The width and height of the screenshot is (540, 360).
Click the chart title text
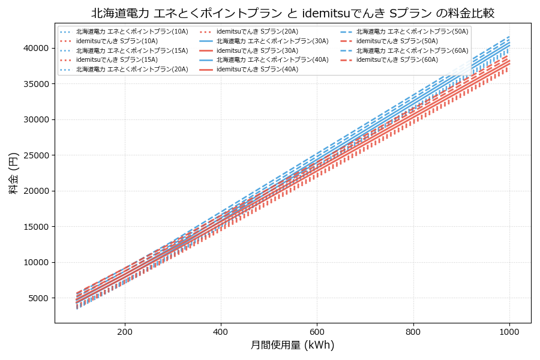click(x=293, y=13)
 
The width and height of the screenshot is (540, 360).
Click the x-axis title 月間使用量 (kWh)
click(x=292, y=345)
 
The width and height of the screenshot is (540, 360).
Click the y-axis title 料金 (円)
click(x=13, y=173)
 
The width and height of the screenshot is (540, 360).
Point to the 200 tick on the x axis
click(x=125, y=331)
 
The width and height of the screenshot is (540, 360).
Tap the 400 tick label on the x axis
click(x=221, y=331)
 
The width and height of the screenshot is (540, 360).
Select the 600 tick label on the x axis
click(x=317, y=331)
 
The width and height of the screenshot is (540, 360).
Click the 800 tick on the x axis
click(x=413, y=331)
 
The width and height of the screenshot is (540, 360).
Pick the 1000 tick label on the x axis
click(x=509, y=331)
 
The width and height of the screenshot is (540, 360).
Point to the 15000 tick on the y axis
click(x=37, y=227)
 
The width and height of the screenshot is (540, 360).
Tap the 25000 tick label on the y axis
click(x=37, y=155)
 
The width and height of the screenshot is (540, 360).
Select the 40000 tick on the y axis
click(x=37, y=48)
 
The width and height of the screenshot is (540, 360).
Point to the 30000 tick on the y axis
click(x=37, y=119)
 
